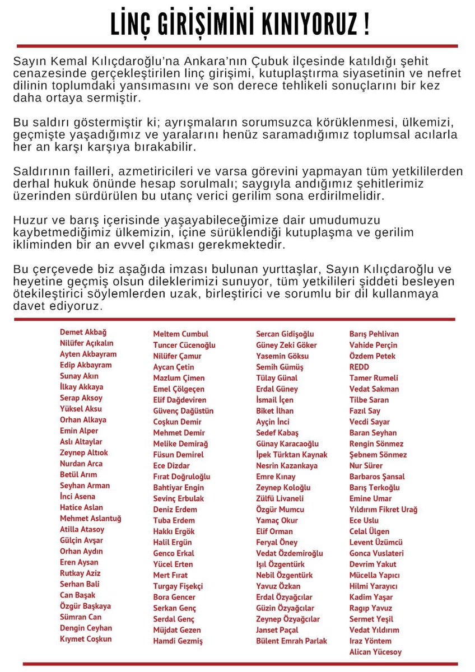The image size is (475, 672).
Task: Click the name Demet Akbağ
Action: pos(83,332)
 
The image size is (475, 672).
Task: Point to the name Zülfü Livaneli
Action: pos(280,498)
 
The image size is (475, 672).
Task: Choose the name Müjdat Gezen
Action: pos(177,630)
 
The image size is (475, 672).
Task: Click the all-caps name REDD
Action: pos(359,367)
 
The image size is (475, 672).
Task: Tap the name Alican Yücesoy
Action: pos(375,652)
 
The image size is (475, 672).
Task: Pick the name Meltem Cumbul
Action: pos(181,334)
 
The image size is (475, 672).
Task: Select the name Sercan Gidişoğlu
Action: pos(285,334)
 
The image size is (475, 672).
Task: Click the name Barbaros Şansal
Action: pos(376,477)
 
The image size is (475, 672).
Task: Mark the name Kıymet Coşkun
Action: pos(86,639)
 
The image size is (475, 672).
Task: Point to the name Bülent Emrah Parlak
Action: pos(291,641)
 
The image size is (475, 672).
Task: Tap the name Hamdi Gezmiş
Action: pos(178,641)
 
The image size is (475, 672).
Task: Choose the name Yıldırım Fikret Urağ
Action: pos(383,510)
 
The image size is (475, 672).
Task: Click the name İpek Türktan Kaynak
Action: pos(291,455)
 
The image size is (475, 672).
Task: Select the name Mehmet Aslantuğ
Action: pos(90,519)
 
